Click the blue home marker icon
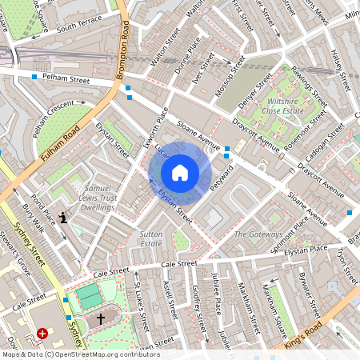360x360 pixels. click(x=180, y=173)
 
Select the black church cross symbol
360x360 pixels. click(x=100, y=318)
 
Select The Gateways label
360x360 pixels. click(x=258, y=234)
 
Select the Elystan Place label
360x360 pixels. click(x=306, y=250)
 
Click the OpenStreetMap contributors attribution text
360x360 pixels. click(x=80, y=354)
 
